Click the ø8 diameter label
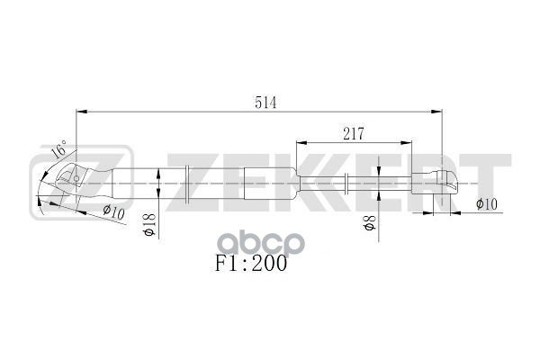[368, 222]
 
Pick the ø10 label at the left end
[112, 213]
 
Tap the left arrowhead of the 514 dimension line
[78, 112]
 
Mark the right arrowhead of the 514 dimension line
[441, 112]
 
